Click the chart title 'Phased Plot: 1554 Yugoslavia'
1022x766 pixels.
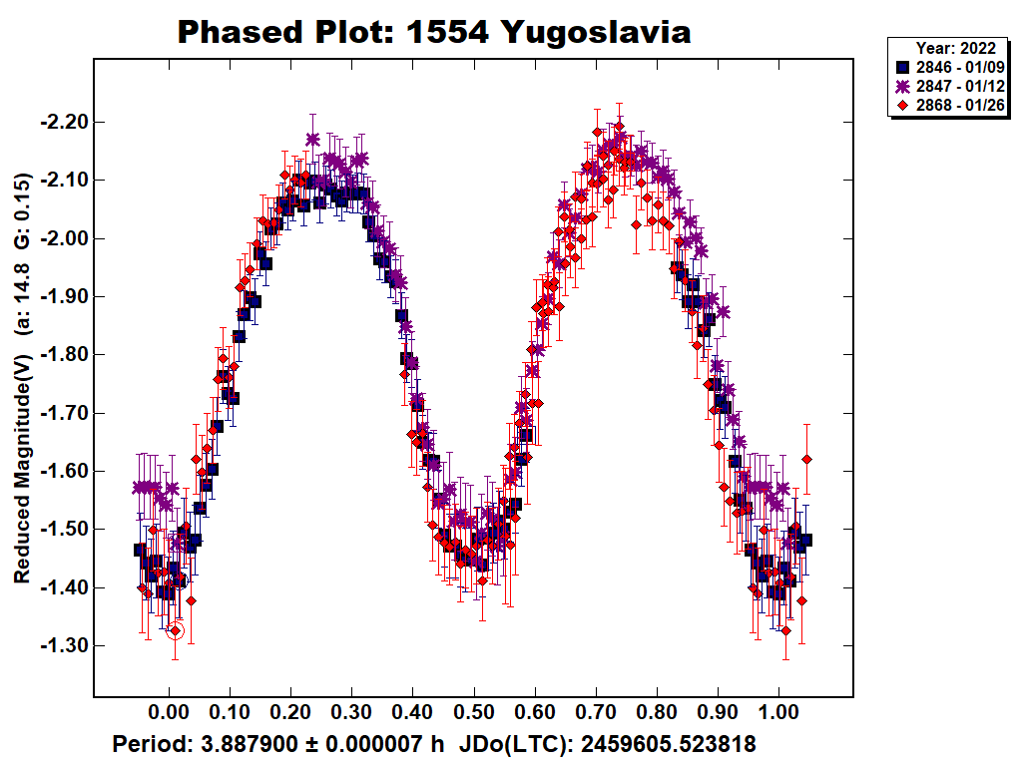(434, 32)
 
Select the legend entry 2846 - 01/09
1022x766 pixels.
(960, 66)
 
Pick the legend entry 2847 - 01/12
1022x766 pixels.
(960, 86)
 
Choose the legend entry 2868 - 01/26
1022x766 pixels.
(960, 105)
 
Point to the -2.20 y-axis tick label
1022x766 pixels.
(63, 123)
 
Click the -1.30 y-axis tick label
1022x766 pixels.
(63, 646)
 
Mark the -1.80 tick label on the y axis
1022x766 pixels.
(63, 355)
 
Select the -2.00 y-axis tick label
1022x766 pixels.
(63, 238)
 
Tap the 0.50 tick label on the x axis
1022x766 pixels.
(473, 714)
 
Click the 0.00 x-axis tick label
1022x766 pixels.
(169, 714)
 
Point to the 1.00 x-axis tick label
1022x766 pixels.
(778, 714)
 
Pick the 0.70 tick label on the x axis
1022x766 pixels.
(596, 714)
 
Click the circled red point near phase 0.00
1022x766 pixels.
(176, 630)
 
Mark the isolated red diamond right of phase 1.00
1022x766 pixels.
(806, 459)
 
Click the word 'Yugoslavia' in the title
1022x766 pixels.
(596, 32)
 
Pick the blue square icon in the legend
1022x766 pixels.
(904, 66)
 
